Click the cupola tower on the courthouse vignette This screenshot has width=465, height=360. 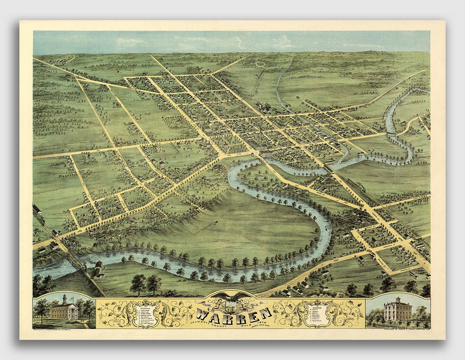pyautogui.click(x=65, y=299)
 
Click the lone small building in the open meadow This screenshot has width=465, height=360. pyautogui.click(x=216, y=222)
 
